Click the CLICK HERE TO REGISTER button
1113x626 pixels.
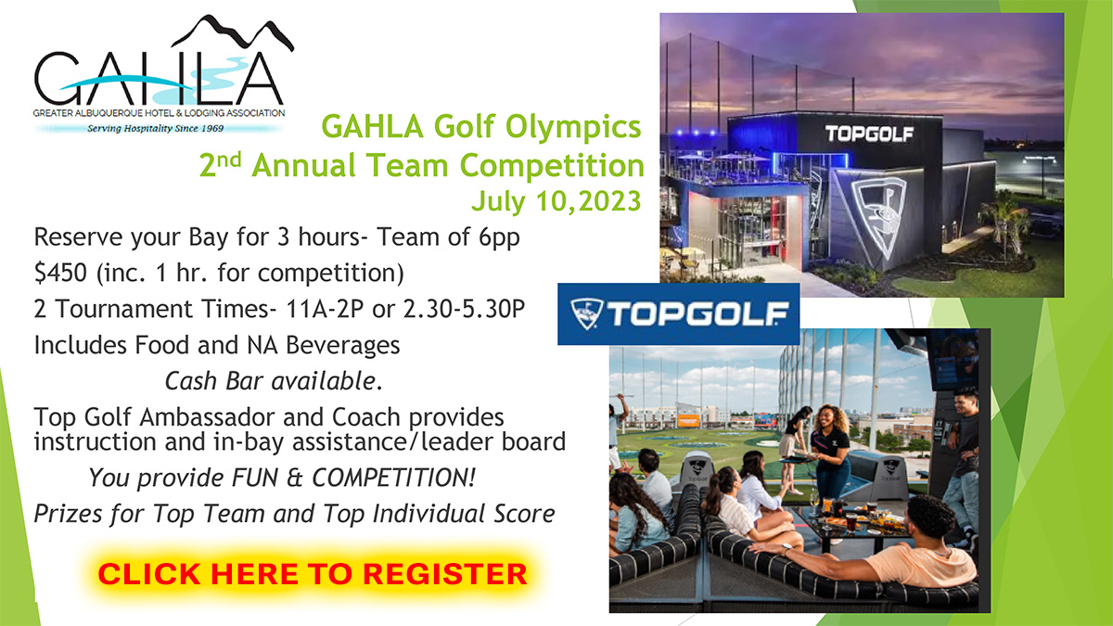[x=313, y=574]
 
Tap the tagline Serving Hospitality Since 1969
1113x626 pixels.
[x=156, y=128]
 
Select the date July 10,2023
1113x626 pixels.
[x=556, y=201]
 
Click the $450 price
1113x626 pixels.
[x=60, y=273]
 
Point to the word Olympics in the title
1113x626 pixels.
[x=573, y=127]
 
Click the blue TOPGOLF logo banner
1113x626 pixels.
[x=679, y=314]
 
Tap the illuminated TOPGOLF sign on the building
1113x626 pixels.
[x=869, y=134]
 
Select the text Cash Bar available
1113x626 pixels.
[x=274, y=381]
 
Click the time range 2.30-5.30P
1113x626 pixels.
[x=464, y=309]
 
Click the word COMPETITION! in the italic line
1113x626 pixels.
[x=393, y=478]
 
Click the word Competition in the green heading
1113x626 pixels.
[x=552, y=165]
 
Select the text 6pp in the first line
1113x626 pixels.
[x=499, y=237]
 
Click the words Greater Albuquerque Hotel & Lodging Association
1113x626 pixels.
[x=159, y=113]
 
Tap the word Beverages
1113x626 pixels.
[x=343, y=345]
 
